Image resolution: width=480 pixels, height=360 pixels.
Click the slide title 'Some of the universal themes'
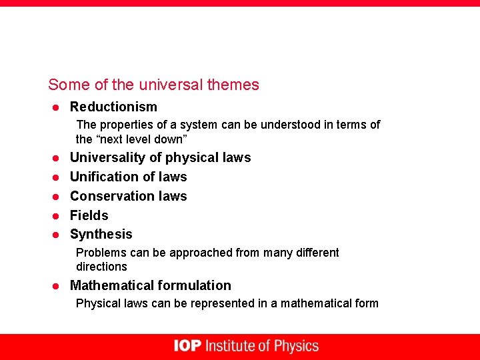click(153, 85)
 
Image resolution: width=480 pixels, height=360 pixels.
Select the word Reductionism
click(113, 107)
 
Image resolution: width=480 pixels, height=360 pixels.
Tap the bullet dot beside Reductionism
click(57, 107)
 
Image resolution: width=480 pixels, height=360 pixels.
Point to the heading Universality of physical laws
click(160, 158)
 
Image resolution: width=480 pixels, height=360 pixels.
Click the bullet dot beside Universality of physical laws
click(57, 159)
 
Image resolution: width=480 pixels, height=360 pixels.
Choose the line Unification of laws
click(128, 177)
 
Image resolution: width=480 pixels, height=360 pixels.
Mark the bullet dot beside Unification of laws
click(57, 177)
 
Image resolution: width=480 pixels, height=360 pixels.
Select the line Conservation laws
click(128, 196)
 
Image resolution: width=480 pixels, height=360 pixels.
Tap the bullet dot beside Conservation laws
click(57, 197)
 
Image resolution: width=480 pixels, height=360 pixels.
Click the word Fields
click(89, 215)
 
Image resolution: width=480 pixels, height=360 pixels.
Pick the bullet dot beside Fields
click(57, 216)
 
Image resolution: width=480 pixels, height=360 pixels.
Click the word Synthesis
click(101, 234)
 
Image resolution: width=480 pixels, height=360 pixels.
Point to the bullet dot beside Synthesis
click(57, 235)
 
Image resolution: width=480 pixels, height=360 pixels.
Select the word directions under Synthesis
click(101, 267)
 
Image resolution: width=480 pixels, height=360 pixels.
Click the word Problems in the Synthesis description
click(99, 253)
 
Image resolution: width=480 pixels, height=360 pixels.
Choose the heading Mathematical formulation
click(150, 285)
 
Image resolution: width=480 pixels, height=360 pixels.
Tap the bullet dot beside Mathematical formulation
click(57, 286)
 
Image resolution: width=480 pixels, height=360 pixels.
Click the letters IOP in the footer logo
click(187, 346)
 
